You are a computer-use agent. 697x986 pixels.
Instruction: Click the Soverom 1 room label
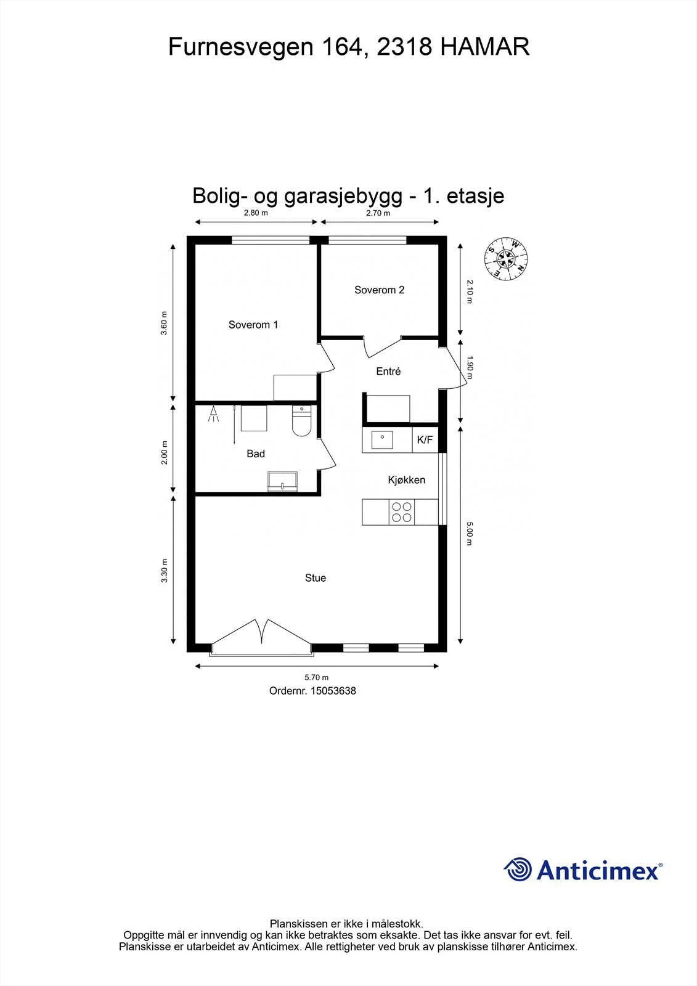[253, 325]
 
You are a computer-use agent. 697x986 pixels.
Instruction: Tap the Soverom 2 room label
[379, 290]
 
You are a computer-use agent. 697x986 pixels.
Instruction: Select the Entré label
[388, 371]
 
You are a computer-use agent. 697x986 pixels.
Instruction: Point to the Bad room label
[256, 454]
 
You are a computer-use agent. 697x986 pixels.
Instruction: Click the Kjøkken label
[406, 480]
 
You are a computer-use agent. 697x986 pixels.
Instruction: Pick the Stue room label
[315, 578]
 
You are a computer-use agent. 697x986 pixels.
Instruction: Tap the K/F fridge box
[425, 440]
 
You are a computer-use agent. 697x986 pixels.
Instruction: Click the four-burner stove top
[402, 512]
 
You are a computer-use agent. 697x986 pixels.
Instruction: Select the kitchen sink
[382, 439]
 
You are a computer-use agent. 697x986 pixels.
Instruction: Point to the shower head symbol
[214, 414]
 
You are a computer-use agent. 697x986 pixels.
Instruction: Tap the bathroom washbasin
[283, 481]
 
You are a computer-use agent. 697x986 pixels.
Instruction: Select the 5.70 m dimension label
[317, 678]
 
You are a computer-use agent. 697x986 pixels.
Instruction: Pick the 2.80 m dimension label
[256, 213]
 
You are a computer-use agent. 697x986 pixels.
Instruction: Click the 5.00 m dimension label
[470, 534]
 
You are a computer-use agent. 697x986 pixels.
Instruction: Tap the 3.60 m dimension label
[164, 323]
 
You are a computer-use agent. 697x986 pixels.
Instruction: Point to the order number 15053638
[312, 691]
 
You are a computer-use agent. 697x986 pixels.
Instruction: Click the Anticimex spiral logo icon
[518, 870]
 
